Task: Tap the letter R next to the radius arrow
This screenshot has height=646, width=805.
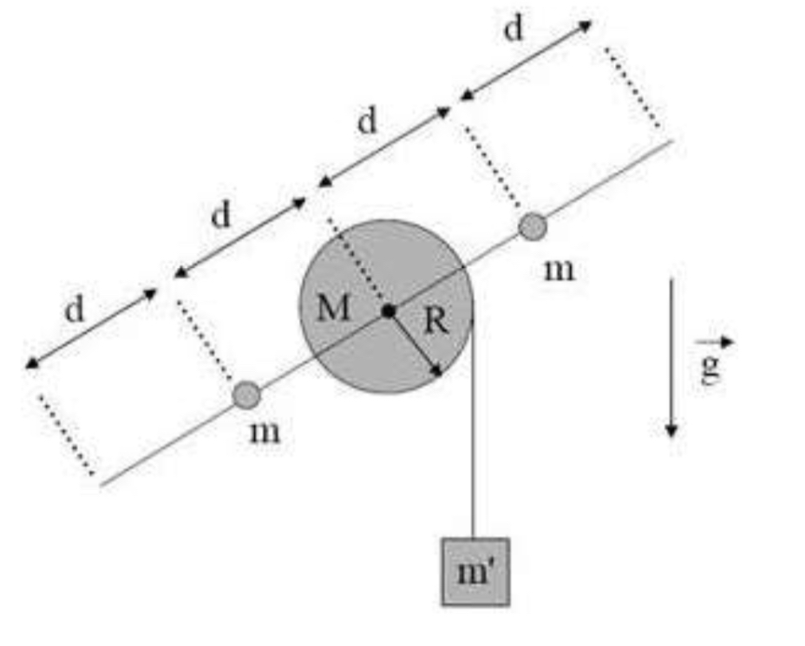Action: [435, 323]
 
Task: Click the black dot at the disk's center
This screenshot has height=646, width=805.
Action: [388, 310]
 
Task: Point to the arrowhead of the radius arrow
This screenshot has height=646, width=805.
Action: [438, 371]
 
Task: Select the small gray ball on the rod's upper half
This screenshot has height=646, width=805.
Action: [533, 227]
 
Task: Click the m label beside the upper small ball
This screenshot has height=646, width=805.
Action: [559, 269]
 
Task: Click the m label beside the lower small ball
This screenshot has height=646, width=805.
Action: [265, 431]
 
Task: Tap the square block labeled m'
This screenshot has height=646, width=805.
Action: [474, 571]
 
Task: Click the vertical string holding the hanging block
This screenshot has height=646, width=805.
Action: [474, 434]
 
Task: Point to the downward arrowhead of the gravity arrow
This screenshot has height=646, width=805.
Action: [671, 428]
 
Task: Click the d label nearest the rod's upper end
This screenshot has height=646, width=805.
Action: [514, 29]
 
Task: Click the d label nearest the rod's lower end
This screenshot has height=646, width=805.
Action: [76, 310]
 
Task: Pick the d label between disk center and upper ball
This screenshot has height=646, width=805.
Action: [368, 122]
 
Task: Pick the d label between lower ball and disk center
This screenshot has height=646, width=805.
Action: [221, 215]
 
